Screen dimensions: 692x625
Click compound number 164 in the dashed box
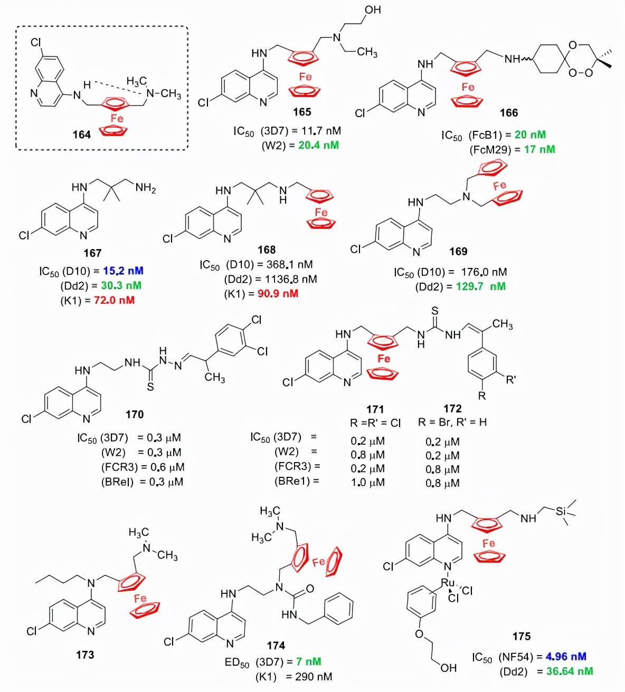[x=81, y=134]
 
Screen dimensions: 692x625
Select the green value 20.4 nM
[x=318, y=145]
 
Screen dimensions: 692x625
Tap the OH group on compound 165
[x=373, y=9]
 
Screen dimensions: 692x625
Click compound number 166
[x=509, y=113]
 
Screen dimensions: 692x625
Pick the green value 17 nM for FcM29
[x=539, y=150]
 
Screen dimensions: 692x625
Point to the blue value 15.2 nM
[x=123, y=271]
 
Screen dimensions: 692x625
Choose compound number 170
[x=135, y=415]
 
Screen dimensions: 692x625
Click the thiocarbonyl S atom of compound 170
[x=150, y=387]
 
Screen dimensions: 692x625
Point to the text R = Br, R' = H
[x=452, y=422]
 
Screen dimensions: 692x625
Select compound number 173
[x=85, y=655]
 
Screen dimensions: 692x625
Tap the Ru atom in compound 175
[x=448, y=582]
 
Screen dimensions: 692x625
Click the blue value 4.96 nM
[x=566, y=657]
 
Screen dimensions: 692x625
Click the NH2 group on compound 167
[x=146, y=187]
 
